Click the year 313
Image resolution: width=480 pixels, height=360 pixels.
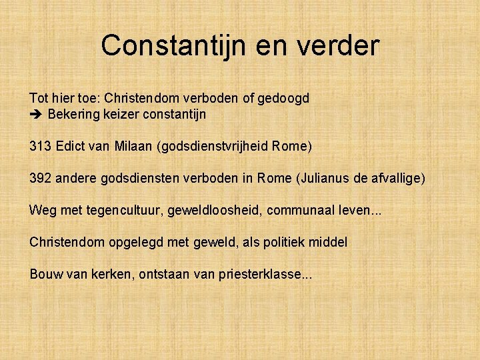(39, 145)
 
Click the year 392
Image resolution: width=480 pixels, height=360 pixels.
(39, 178)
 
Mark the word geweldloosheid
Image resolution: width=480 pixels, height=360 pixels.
(214, 210)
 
